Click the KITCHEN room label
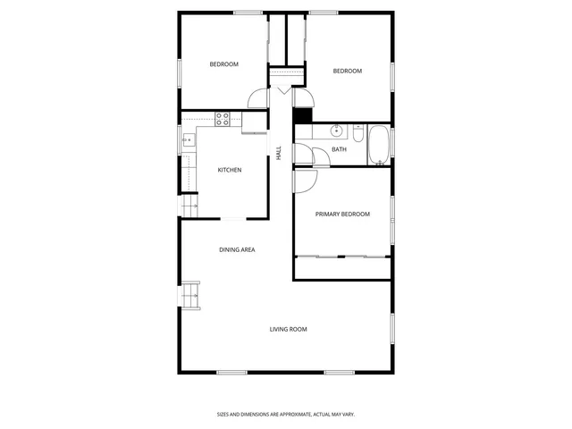(x=230, y=170)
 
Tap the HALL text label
(x=279, y=153)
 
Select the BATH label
(x=339, y=149)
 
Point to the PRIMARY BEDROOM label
(x=342, y=214)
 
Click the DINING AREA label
(x=237, y=249)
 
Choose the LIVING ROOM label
(x=288, y=329)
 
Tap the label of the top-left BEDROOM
(x=223, y=64)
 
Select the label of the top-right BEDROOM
(x=347, y=71)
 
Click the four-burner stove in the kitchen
(x=223, y=119)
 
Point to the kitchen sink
(x=189, y=139)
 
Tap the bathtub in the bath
(x=379, y=145)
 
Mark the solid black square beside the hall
(x=301, y=115)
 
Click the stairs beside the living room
(x=190, y=296)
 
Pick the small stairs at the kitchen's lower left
(x=189, y=206)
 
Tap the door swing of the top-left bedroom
(x=257, y=99)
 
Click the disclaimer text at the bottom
(x=286, y=414)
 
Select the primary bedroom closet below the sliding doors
(x=342, y=268)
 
